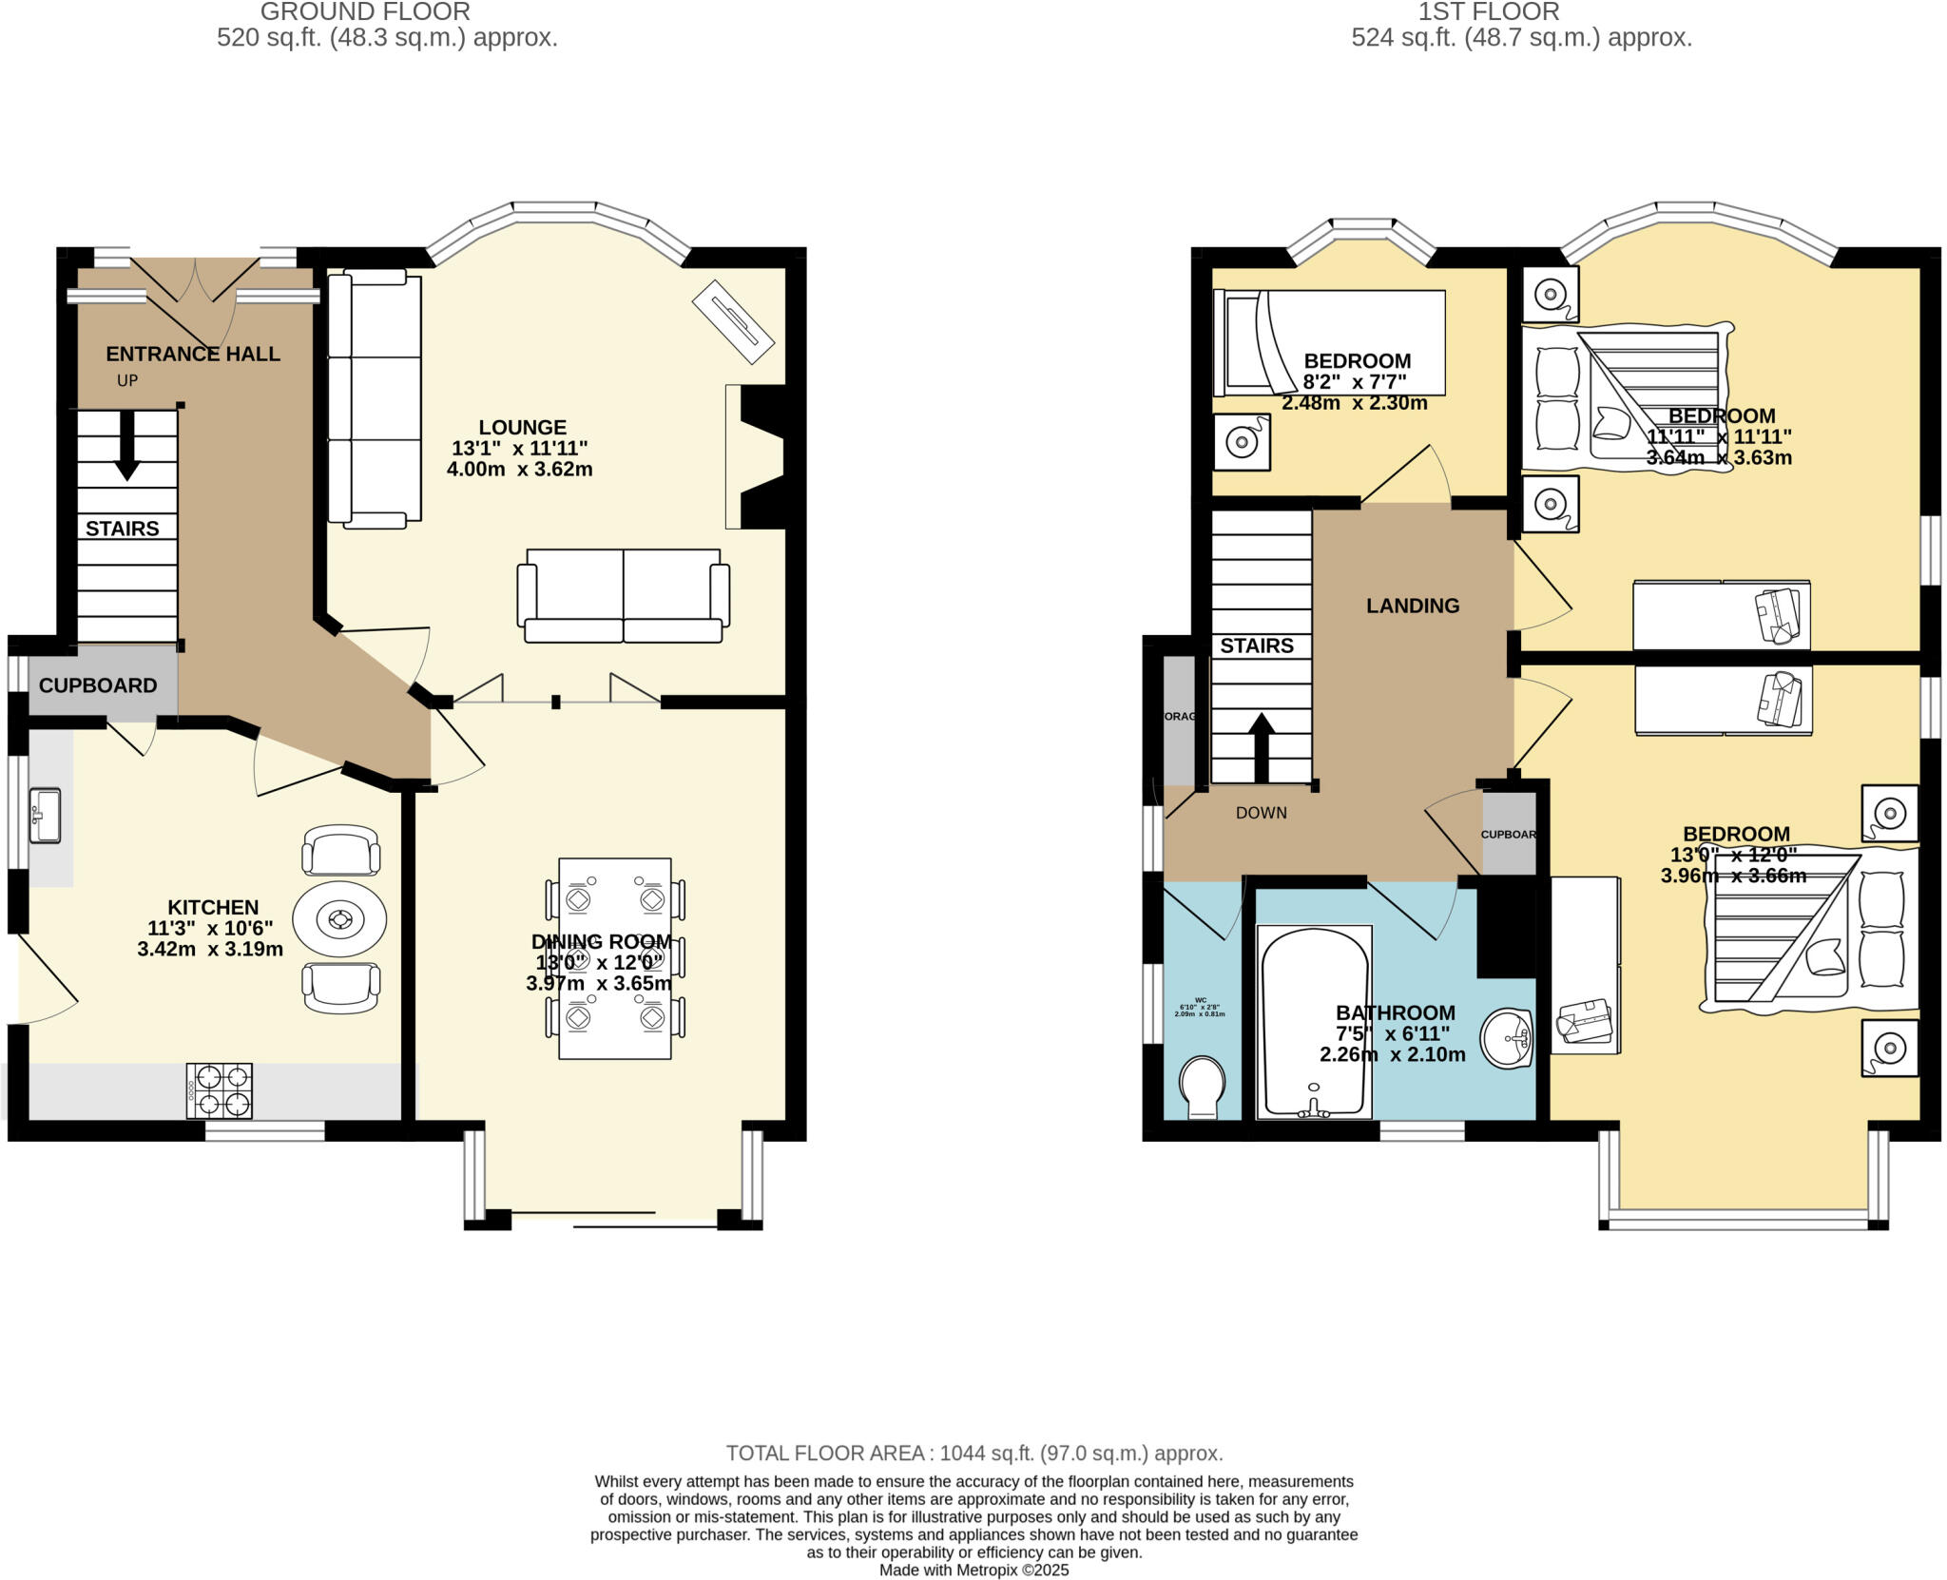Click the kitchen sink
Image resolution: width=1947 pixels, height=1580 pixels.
[45, 815]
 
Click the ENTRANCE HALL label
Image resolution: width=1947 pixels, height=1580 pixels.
[193, 354]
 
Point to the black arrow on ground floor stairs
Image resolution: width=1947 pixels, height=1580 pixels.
[126, 457]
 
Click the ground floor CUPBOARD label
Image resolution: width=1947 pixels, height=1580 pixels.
[98, 685]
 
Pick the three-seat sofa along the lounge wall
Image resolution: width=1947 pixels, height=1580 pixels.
[374, 397]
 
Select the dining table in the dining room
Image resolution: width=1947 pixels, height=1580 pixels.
[615, 958]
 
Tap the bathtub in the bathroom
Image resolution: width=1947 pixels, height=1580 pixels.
[1315, 1022]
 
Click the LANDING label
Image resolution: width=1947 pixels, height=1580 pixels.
[1413, 606]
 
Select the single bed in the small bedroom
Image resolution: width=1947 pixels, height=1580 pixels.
[1329, 342]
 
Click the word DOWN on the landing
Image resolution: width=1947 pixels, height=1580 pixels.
[1262, 813]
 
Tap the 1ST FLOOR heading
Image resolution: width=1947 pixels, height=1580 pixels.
[1521, 12]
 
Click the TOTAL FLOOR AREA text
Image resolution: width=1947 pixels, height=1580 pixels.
[973, 1453]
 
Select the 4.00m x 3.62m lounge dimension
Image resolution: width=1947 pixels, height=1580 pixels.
[520, 469]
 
